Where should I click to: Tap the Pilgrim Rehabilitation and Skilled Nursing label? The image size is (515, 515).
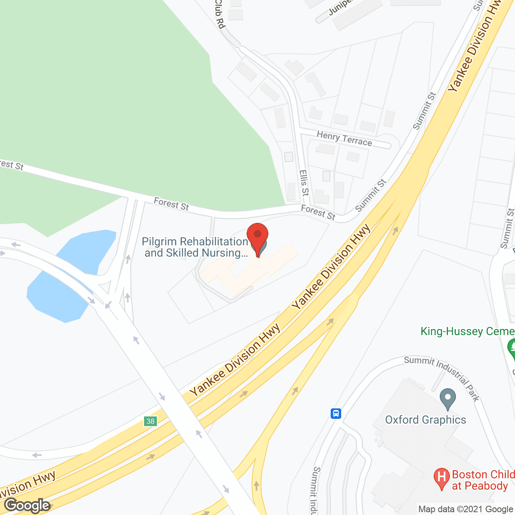tap(196, 247)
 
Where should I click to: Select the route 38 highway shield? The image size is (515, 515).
tap(150, 421)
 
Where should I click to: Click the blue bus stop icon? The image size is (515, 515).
tap(336, 413)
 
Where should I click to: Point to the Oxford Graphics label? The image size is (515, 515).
tap(425, 420)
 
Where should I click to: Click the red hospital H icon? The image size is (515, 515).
tap(441, 478)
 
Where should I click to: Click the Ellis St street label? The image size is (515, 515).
tap(304, 182)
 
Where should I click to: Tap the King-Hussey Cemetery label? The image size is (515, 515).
tap(467, 331)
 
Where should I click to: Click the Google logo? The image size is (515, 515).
tap(27, 505)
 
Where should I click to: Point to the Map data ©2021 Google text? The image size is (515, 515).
tap(466, 509)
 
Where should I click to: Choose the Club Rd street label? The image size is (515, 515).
tap(219, 14)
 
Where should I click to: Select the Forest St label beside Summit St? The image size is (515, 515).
tap(318, 212)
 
